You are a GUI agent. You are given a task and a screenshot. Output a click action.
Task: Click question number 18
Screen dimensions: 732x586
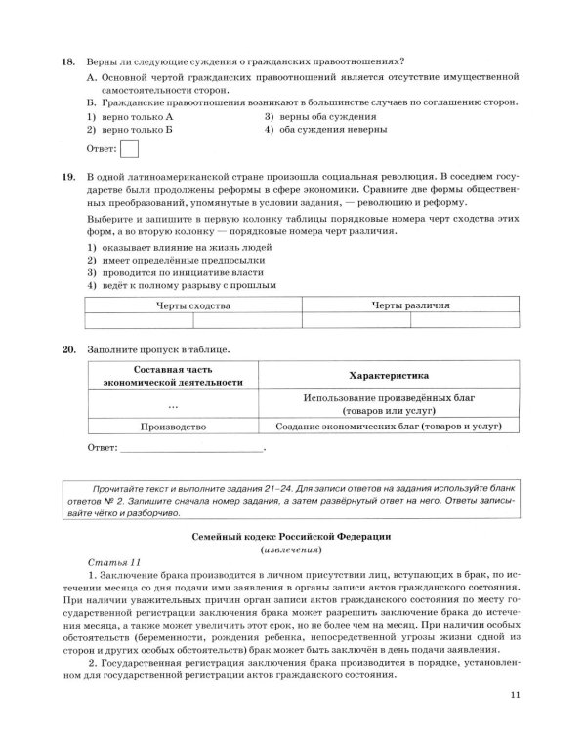[67, 61]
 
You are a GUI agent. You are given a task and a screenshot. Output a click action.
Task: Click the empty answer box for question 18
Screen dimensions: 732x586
[129, 149]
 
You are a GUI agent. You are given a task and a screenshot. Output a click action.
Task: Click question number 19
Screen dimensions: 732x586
[67, 175]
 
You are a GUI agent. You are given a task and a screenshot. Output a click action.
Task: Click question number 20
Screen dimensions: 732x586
[67, 348]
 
